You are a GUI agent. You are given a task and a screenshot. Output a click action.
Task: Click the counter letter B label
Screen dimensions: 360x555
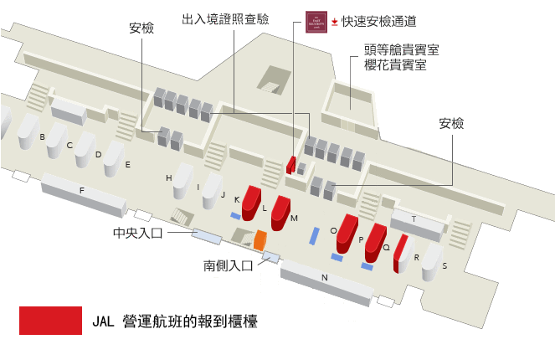(x=42, y=136)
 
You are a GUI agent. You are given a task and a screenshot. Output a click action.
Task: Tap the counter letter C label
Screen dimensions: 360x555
(x=70, y=145)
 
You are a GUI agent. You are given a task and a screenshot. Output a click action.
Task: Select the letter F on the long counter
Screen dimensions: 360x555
(x=82, y=191)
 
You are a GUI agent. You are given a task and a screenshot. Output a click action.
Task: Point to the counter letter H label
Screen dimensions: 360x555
(x=168, y=178)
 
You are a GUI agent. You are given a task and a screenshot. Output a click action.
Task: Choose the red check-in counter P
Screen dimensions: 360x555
(x=373, y=244)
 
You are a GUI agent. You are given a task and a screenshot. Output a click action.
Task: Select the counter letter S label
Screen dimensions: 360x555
(x=445, y=265)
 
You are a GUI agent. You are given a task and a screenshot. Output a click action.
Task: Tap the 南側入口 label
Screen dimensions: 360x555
(x=229, y=266)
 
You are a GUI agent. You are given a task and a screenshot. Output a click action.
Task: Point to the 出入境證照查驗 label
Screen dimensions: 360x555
(x=225, y=18)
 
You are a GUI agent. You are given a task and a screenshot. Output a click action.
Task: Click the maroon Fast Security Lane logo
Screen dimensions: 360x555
(x=316, y=21)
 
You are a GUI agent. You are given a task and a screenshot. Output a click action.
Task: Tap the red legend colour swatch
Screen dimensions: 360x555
(x=50, y=321)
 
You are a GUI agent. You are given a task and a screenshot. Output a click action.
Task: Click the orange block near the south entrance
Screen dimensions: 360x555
(x=260, y=240)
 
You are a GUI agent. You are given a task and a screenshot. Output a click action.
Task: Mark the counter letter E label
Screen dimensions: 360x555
(x=128, y=165)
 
